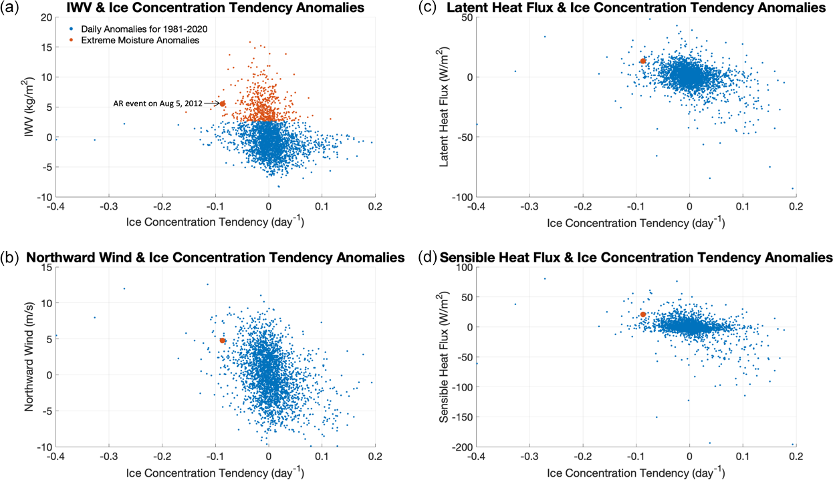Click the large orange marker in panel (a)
pyautogui.click(x=222, y=103)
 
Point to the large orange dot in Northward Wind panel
pyautogui.click(x=223, y=340)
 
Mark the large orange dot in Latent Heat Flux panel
pyautogui.click(x=643, y=61)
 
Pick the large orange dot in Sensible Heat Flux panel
pyautogui.click(x=643, y=314)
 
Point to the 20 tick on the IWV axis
pyautogui.click(x=45, y=17)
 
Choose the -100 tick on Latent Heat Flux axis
pyautogui.click(x=461, y=198)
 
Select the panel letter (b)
pyautogui.click(x=10, y=257)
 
